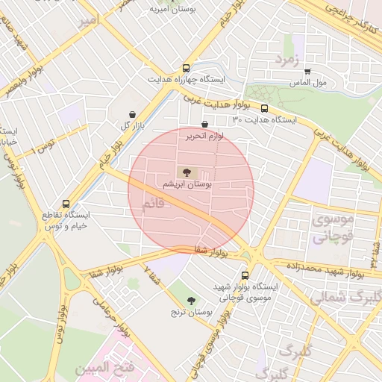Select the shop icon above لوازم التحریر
[x=204, y=125]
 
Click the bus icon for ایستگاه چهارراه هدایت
[x=186, y=67]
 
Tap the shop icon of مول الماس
[x=307, y=72]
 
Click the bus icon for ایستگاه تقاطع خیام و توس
[x=66, y=203]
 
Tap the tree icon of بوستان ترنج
[x=193, y=299]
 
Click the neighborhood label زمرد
[x=286, y=58]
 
